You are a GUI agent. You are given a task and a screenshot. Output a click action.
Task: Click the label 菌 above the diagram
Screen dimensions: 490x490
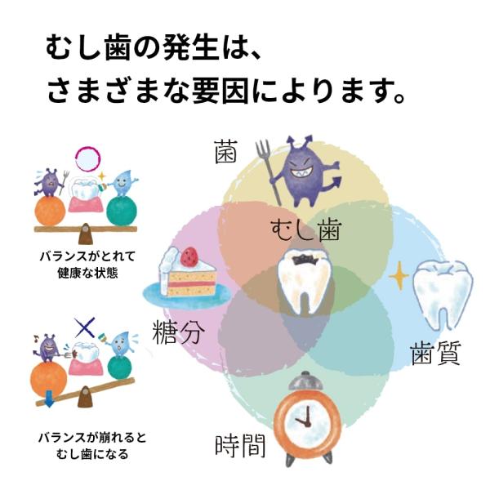point(225,152)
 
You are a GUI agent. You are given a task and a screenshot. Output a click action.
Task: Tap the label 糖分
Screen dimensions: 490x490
point(178,332)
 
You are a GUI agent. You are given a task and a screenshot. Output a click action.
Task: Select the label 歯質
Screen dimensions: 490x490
point(435,353)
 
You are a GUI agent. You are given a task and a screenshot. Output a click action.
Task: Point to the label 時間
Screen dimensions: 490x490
point(240,446)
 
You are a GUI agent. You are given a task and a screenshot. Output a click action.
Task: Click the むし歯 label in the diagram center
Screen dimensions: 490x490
point(305,230)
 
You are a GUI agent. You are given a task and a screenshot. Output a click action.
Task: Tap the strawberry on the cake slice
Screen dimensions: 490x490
point(189,255)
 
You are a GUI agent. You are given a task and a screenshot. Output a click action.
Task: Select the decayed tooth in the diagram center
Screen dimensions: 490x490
point(305,281)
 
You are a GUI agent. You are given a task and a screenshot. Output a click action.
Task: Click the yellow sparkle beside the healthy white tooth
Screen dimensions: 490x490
point(399,276)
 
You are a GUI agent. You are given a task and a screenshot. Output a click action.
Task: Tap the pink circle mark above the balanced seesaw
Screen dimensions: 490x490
point(88,159)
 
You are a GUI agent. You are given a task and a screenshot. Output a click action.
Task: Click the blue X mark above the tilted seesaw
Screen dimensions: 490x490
point(85,327)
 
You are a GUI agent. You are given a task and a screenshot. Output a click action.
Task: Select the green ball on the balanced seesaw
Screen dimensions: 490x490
point(122,211)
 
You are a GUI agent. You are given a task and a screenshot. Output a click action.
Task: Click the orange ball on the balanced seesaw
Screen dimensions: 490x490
point(50,211)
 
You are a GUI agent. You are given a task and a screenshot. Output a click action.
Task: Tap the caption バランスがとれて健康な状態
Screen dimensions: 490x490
point(88,265)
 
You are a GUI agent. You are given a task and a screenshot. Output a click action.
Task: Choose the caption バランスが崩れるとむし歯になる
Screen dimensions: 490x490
point(92,445)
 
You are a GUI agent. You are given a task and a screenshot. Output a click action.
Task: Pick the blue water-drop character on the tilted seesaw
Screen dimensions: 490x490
point(120,344)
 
